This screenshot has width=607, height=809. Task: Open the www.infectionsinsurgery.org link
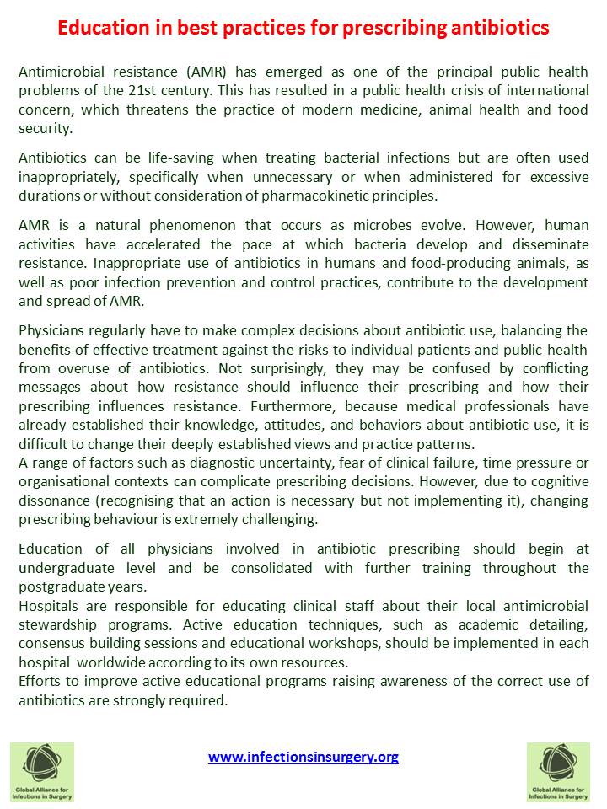tap(303, 757)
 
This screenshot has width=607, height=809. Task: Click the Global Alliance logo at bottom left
tap(42, 771)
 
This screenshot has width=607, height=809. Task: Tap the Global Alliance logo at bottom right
tap(558, 771)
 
